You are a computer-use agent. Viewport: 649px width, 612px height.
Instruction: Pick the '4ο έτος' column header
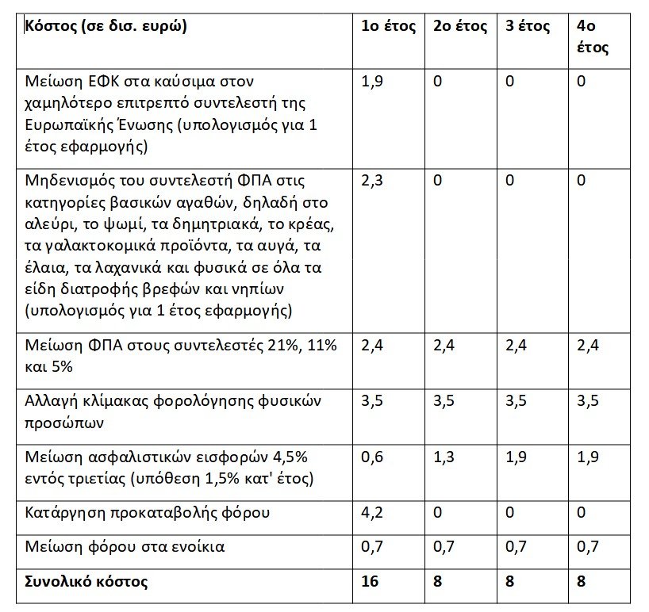point(593,36)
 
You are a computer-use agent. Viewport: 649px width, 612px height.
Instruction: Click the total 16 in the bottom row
point(370,582)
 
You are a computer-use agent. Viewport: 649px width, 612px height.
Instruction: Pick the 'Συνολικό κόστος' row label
point(86,582)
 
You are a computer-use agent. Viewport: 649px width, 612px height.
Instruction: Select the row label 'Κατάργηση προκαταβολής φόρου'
point(147,512)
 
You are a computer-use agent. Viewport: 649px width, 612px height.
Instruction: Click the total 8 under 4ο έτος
point(582,582)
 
